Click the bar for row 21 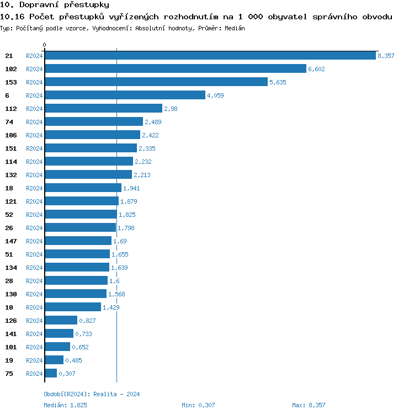tap(210, 56)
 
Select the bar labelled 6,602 tap(176, 69)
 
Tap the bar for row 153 tap(156, 82)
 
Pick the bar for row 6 tap(125, 95)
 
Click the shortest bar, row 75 tap(51, 374)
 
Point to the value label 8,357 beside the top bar tap(386, 56)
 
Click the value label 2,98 tap(171, 109)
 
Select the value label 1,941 tap(132, 188)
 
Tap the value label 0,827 tap(87, 321)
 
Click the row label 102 tap(10, 69)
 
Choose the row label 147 tap(10, 241)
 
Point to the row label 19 tap(9, 360)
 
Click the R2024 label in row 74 tap(34, 122)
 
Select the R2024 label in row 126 tap(34, 321)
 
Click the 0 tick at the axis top tap(45, 45)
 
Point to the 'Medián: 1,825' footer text tap(65, 406)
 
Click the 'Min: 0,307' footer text tap(198, 406)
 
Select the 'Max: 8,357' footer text tap(309, 406)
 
